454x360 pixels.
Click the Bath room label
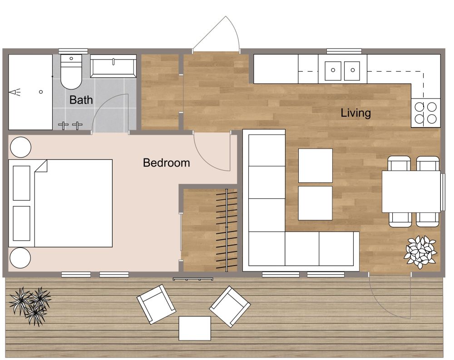81,100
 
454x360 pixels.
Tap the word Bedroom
166,163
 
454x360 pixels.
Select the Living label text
355,113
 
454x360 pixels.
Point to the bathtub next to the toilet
113,67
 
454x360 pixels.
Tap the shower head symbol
16,93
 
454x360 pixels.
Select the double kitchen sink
343,70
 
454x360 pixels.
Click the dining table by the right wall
411,191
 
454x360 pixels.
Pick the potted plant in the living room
420,250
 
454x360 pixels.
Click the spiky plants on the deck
31,305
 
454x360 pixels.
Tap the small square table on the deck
195,328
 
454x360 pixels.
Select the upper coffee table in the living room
315,165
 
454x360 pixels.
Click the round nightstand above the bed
20,148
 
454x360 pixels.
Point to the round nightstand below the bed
20,258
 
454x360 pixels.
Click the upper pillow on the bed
21,183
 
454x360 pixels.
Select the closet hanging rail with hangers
226,229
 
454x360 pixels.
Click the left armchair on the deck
157,304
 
